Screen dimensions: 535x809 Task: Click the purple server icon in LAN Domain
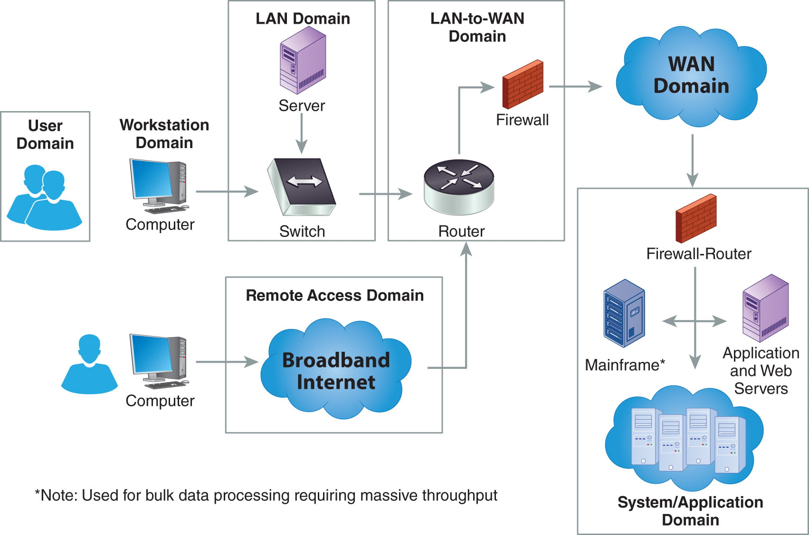(x=303, y=60)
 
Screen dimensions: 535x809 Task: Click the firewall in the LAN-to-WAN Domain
(x=523, y=84)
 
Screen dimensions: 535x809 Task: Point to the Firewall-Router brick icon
(x=696, y=218)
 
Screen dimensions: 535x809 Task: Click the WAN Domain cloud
(x=691, y=76)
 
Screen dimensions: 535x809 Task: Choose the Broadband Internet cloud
(x=335, y=370)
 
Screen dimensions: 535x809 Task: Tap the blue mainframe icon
(x=624, y=313)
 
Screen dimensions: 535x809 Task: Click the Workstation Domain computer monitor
(x=151, y=179)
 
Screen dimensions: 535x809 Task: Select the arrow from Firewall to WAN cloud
(x=575, y=86)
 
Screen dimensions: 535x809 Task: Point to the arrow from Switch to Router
(x=385, y=194)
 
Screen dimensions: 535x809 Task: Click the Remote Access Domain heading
(x=334, y=295)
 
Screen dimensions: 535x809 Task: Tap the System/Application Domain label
(x=690, y=511)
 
